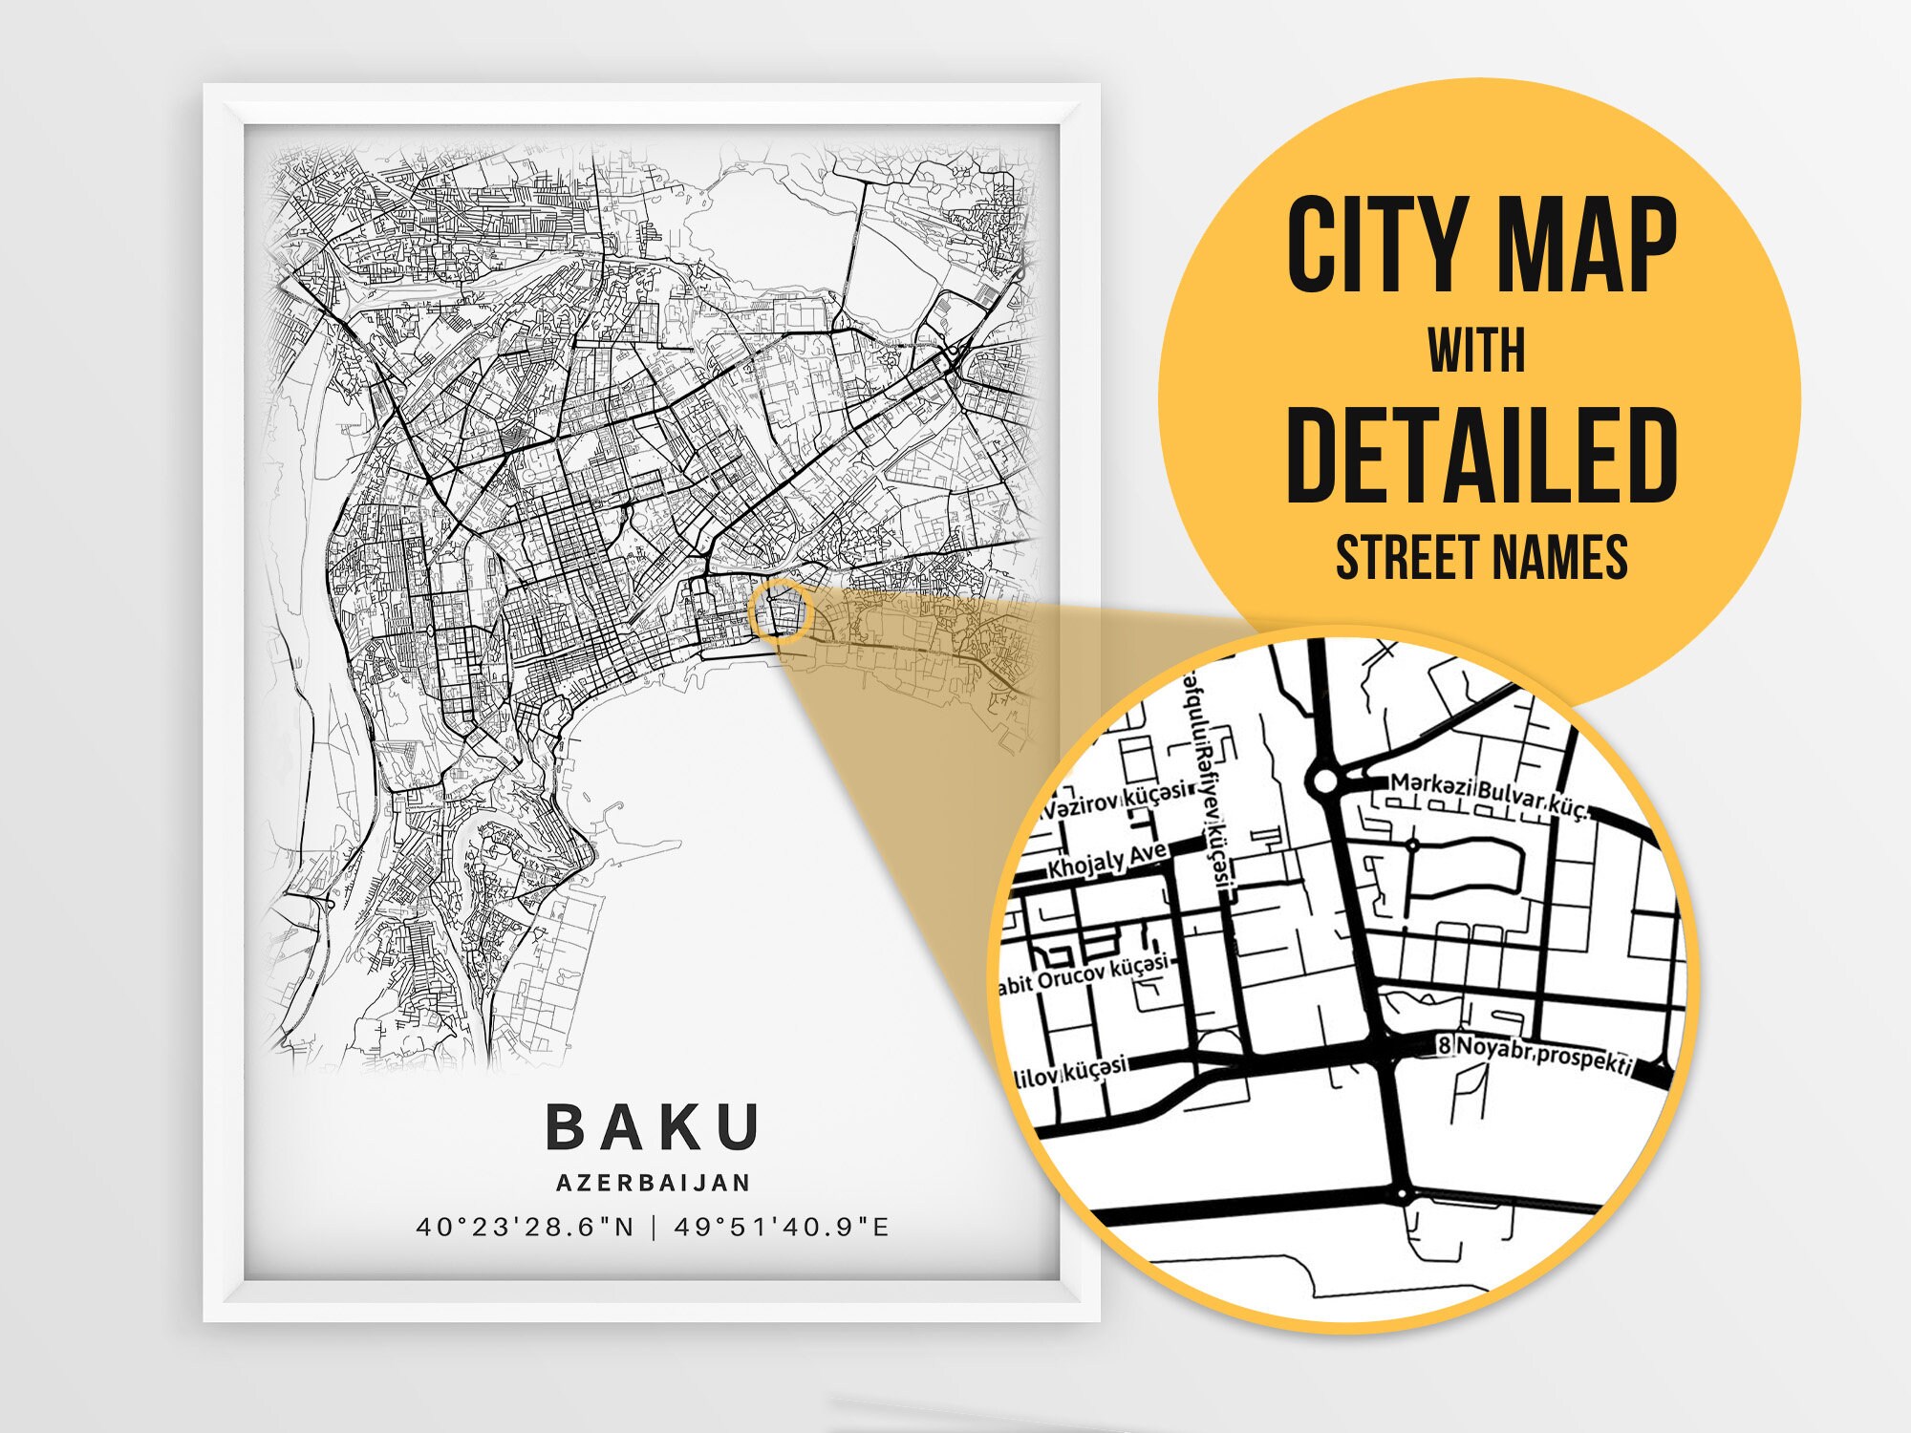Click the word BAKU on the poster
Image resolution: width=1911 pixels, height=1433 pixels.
653,1127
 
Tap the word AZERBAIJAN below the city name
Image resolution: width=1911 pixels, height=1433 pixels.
654,1183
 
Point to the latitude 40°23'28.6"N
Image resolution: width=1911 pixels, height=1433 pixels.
526,1227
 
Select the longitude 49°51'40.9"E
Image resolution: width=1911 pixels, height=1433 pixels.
782,1227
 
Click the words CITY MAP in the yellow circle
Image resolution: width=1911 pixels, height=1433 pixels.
1480,246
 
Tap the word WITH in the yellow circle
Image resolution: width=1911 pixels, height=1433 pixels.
1476,351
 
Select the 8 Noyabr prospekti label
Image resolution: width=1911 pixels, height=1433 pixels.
1535,1054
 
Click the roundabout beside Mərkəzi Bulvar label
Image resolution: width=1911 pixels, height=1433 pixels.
1324,782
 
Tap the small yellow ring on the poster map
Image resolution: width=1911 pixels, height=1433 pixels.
780,610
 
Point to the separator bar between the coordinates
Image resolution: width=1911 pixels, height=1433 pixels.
655,1227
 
